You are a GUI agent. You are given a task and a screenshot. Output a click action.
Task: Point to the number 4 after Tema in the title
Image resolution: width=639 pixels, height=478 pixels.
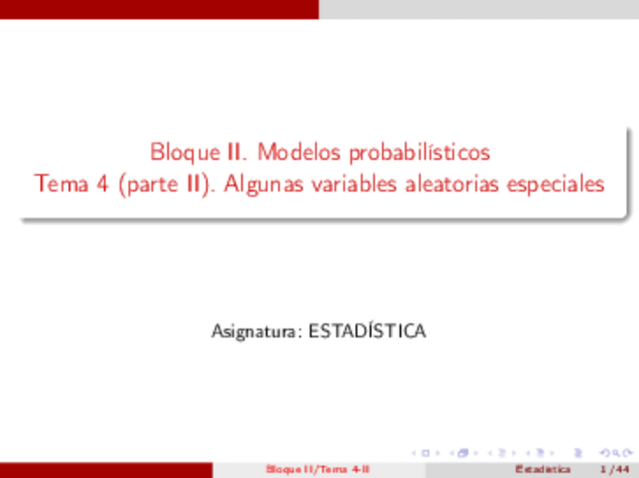100,184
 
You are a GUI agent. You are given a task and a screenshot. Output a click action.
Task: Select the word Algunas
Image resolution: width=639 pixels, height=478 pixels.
258,184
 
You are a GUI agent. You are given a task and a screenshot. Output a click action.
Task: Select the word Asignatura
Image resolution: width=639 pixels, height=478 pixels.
257,331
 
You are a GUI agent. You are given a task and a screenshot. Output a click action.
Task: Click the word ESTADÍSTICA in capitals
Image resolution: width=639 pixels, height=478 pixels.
368,331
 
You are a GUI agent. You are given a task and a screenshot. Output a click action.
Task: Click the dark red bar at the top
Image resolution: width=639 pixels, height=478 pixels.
159,9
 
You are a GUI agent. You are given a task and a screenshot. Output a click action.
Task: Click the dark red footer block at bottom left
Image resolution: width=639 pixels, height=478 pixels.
105,470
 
